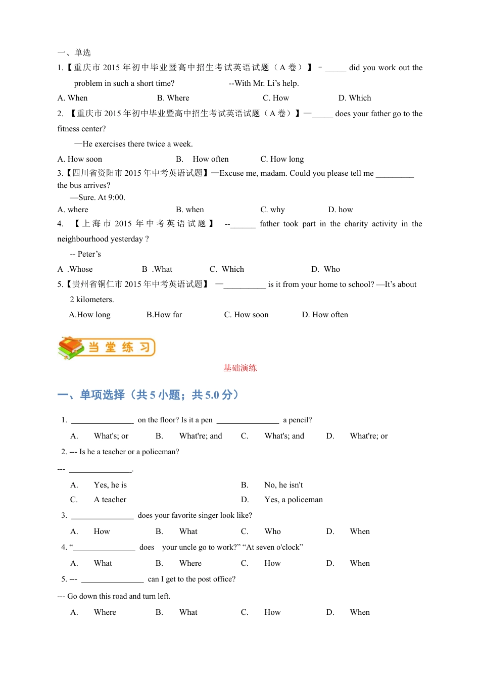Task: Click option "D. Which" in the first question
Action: [x=354, y=98]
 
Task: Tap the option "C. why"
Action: [x=272, y=210]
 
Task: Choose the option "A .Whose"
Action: [x=75, y=269]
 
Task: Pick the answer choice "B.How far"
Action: [x=164, y=315]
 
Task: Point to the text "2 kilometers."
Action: [x=92, y=300]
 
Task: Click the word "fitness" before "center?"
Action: [x=68, y=129]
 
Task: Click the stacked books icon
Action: [x=71, y=348]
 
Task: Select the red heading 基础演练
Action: [x=240, y=368]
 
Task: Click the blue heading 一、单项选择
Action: [x=91, y=395]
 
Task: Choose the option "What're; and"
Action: [x=201, y=436]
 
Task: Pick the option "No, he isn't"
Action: [x=283, y=485]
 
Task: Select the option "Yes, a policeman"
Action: [x=293, y=500]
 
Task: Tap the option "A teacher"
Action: [x=110, y=500]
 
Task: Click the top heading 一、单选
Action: [x=74, y=53]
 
